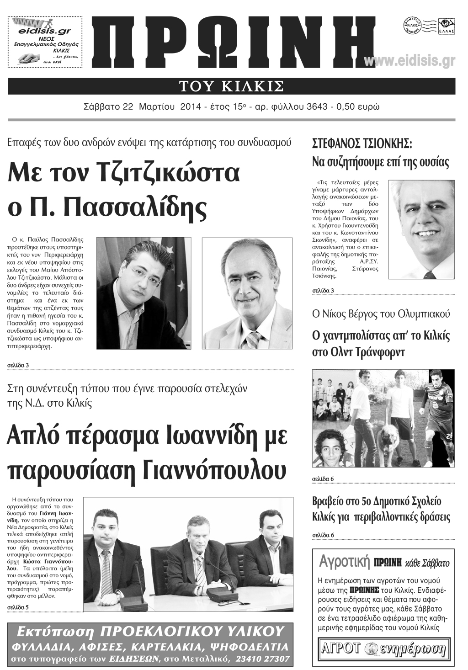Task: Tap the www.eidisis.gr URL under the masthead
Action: click(x=409, y=61)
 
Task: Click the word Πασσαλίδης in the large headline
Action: click(x=135, y=208)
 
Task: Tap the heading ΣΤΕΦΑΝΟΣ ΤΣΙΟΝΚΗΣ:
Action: click(x=362, y=144)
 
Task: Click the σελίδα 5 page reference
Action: click(x=18, y=607)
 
